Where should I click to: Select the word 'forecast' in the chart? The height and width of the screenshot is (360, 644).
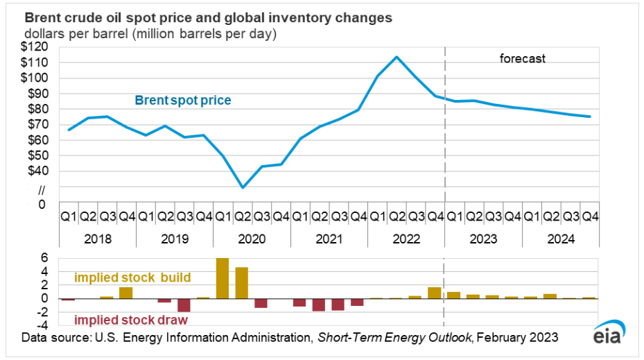[x=523, y=58]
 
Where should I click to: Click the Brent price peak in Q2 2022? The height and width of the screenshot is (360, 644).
[x=397, y=57]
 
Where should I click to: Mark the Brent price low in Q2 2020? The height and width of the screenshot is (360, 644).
[x=242, y=187]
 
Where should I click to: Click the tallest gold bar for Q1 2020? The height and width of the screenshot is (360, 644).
[x=223, y=278]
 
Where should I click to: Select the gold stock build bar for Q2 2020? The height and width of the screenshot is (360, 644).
[x=242, y=283]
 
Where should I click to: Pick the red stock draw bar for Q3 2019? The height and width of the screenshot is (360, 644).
[x=184, y=305]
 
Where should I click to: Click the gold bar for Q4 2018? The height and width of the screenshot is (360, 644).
[x=125, y=293]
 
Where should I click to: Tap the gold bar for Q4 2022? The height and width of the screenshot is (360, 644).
[x=435, y=293]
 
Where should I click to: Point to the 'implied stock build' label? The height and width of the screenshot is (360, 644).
[x=132, y=277]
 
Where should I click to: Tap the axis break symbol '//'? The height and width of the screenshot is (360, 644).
[x=41, y=189]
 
